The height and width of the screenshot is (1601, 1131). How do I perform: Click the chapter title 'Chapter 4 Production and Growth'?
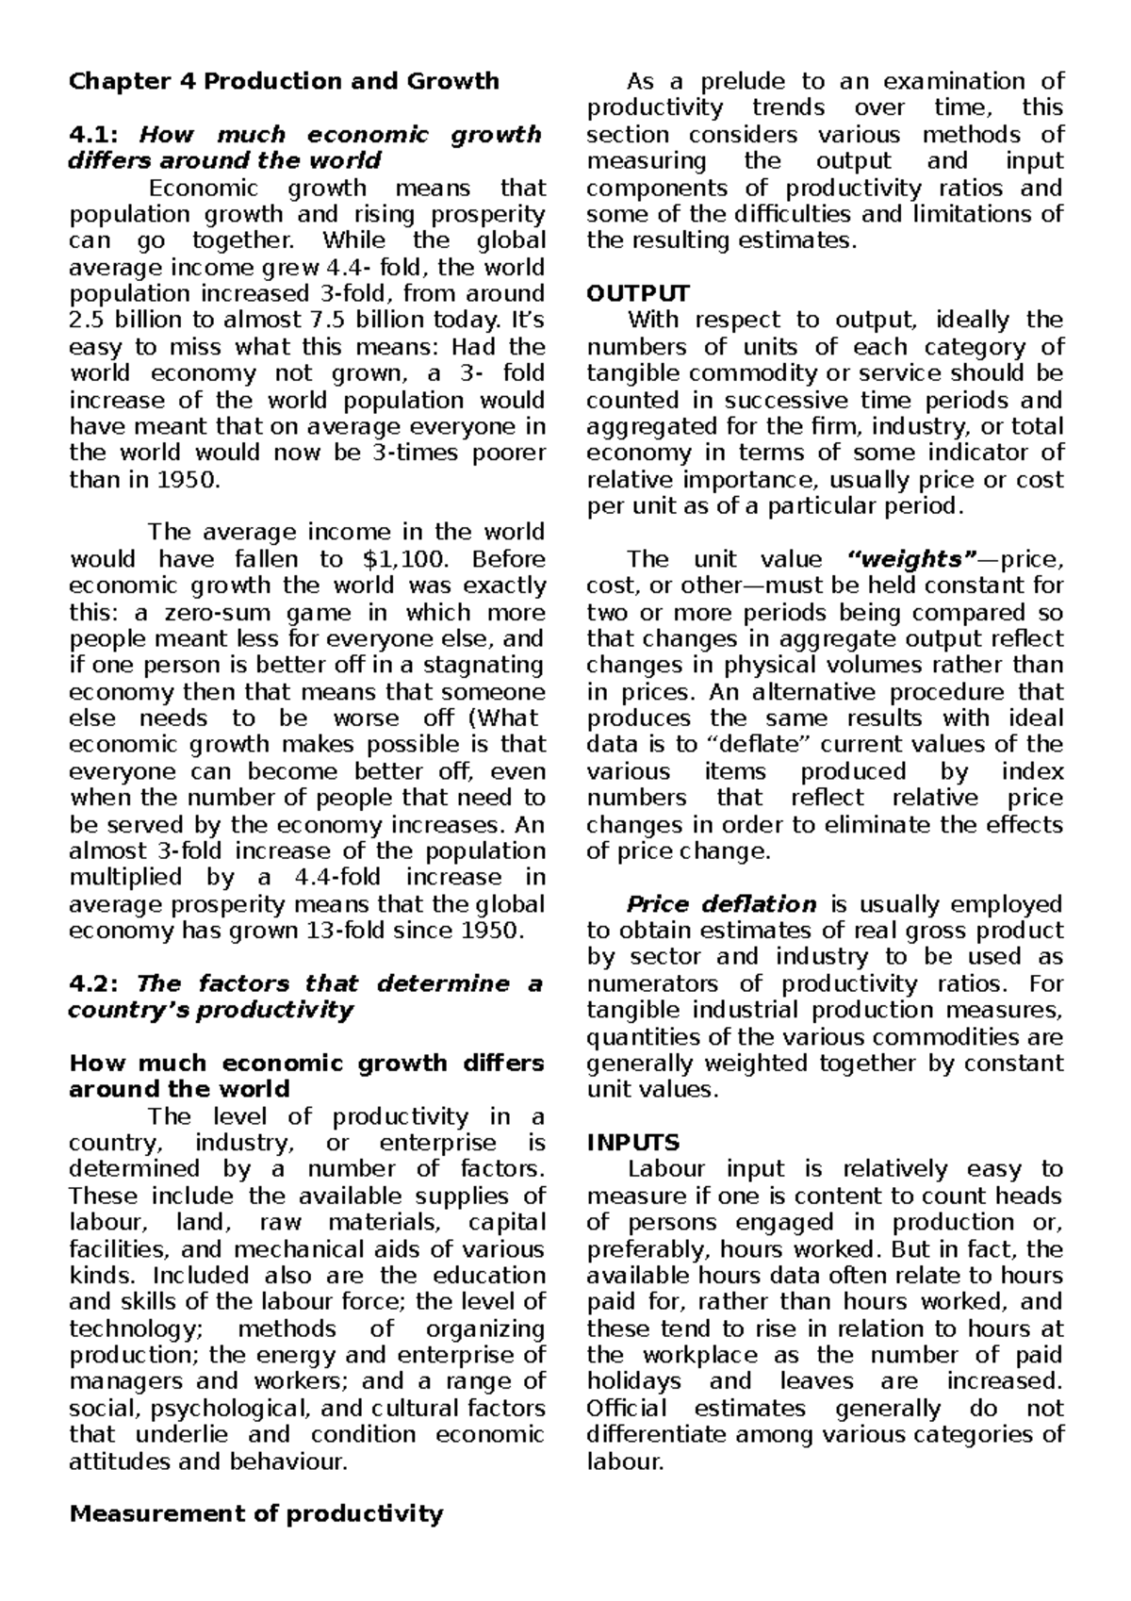coord(284,82)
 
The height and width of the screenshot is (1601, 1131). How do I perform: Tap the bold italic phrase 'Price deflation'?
coord(721,904)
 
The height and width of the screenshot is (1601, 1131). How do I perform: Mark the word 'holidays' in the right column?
coord(633,1382)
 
